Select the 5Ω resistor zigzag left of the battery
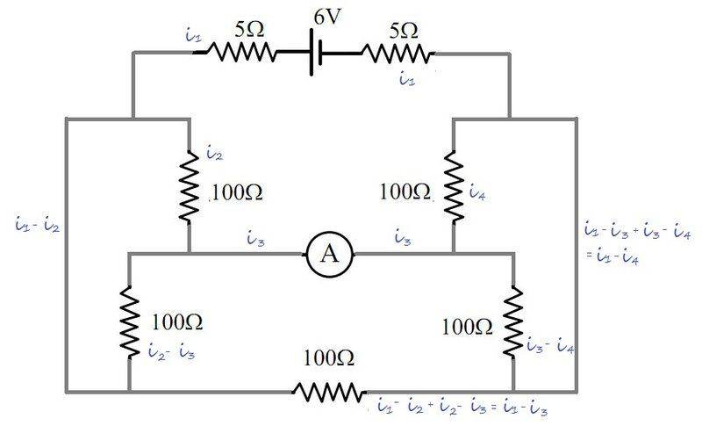click(240, 53)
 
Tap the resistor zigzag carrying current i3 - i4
click(513, 321)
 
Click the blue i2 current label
click(213, 154)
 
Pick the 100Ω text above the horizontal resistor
click(329, 358)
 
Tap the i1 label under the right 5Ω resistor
click(405, 80)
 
